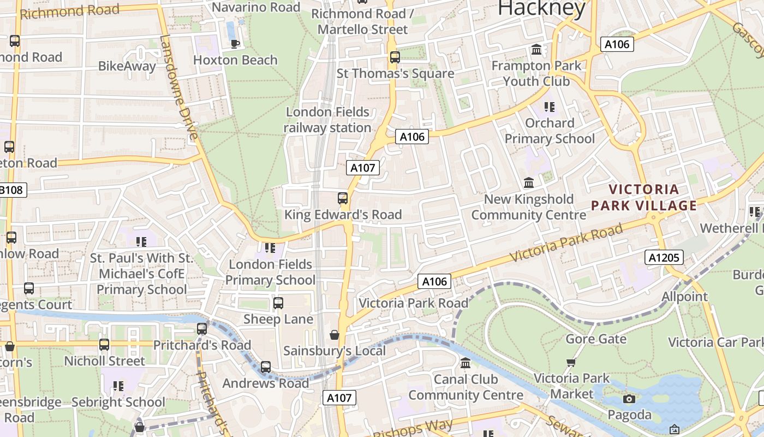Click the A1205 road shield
click(664, 257)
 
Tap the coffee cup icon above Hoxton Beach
click(235, 44)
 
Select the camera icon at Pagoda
click(629, 399)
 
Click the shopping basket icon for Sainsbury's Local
click(335, 334)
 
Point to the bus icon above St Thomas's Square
click(395, 57)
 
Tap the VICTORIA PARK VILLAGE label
click(644, 197)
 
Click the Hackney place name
click(541, 8)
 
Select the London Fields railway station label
click(327, 120)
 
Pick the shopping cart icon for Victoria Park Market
click(571, 362)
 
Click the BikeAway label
click(127, 66)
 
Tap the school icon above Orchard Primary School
click(549, 107)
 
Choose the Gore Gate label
click(596, 339)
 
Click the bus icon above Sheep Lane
click(278, 303)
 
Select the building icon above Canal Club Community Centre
click(465, 363)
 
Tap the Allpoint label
click(684, 297)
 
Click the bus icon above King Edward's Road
click(343, 198)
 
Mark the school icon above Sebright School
click(118, 386)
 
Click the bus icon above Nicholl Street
click(104, 345)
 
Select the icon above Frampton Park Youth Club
click(536, 50)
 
